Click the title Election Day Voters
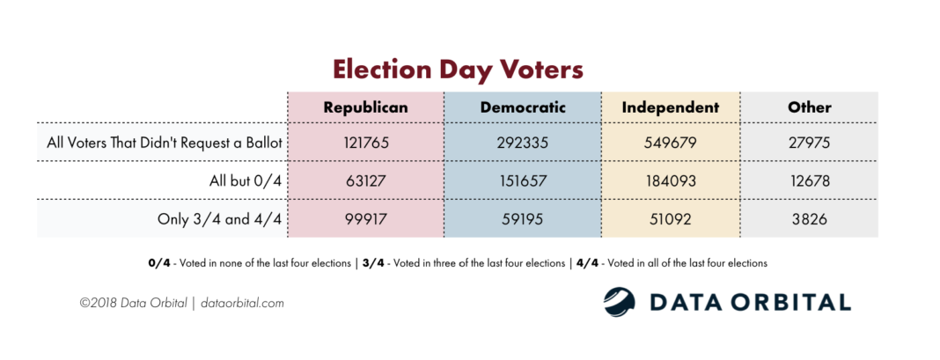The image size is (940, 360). click(x=458, y=69)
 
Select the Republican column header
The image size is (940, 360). click(x=365, y=108)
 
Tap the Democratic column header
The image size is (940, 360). click(x=523, y=108)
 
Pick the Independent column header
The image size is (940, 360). click(x=670, y=108)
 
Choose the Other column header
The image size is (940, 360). click(x=810, y=108)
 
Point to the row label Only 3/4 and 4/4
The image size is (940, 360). click(x=219, y=219)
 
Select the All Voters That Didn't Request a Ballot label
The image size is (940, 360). click(x=165, y=144)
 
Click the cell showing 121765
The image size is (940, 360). click(x=365, y=144)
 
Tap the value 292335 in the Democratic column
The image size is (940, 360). click(x=523, y=144)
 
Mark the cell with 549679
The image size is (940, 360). click(x=670, y=144)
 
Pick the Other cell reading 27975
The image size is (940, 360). click(x=810, y=144)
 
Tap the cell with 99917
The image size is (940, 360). click(x=365, y=219)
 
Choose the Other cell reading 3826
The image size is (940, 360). click(x=810, y=219)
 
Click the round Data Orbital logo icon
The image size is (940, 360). click(x=619, y=302)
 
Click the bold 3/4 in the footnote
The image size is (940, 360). click(x=373, y=263)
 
